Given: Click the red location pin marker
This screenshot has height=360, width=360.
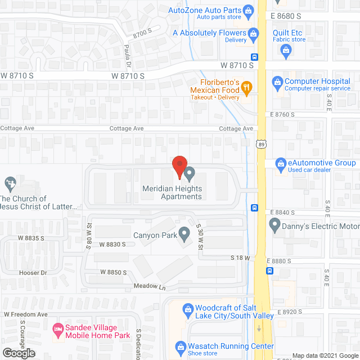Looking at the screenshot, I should click(179, 166).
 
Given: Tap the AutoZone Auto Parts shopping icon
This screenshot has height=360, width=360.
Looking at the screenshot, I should click(247, 10).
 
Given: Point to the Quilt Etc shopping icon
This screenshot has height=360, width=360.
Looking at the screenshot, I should click(286, 51).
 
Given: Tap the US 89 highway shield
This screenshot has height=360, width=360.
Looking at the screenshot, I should click(260, 145).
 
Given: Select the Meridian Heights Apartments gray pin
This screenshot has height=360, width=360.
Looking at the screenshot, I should click(190, 173).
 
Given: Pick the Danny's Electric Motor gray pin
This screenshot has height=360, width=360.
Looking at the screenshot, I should click(275, 226).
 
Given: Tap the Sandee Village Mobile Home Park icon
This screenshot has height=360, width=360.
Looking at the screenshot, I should click(57, 328).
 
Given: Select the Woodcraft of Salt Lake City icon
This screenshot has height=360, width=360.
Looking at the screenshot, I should click(186, 308).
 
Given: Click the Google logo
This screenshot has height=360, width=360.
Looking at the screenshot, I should click(18, 353).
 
